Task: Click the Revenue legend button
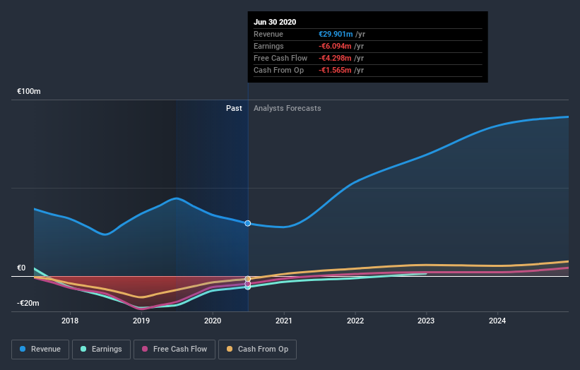40,349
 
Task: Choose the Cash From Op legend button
257,349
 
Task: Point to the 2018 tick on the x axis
69,321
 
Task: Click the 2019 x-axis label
141,321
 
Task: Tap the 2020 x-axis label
212,321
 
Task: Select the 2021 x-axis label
284,321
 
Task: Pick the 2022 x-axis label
355,321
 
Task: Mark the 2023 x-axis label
427,321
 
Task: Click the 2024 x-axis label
498,321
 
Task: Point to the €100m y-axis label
29,92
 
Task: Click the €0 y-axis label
21,268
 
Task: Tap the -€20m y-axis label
28,303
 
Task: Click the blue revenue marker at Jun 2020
248,223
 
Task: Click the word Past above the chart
234,108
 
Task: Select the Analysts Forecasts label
287,108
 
